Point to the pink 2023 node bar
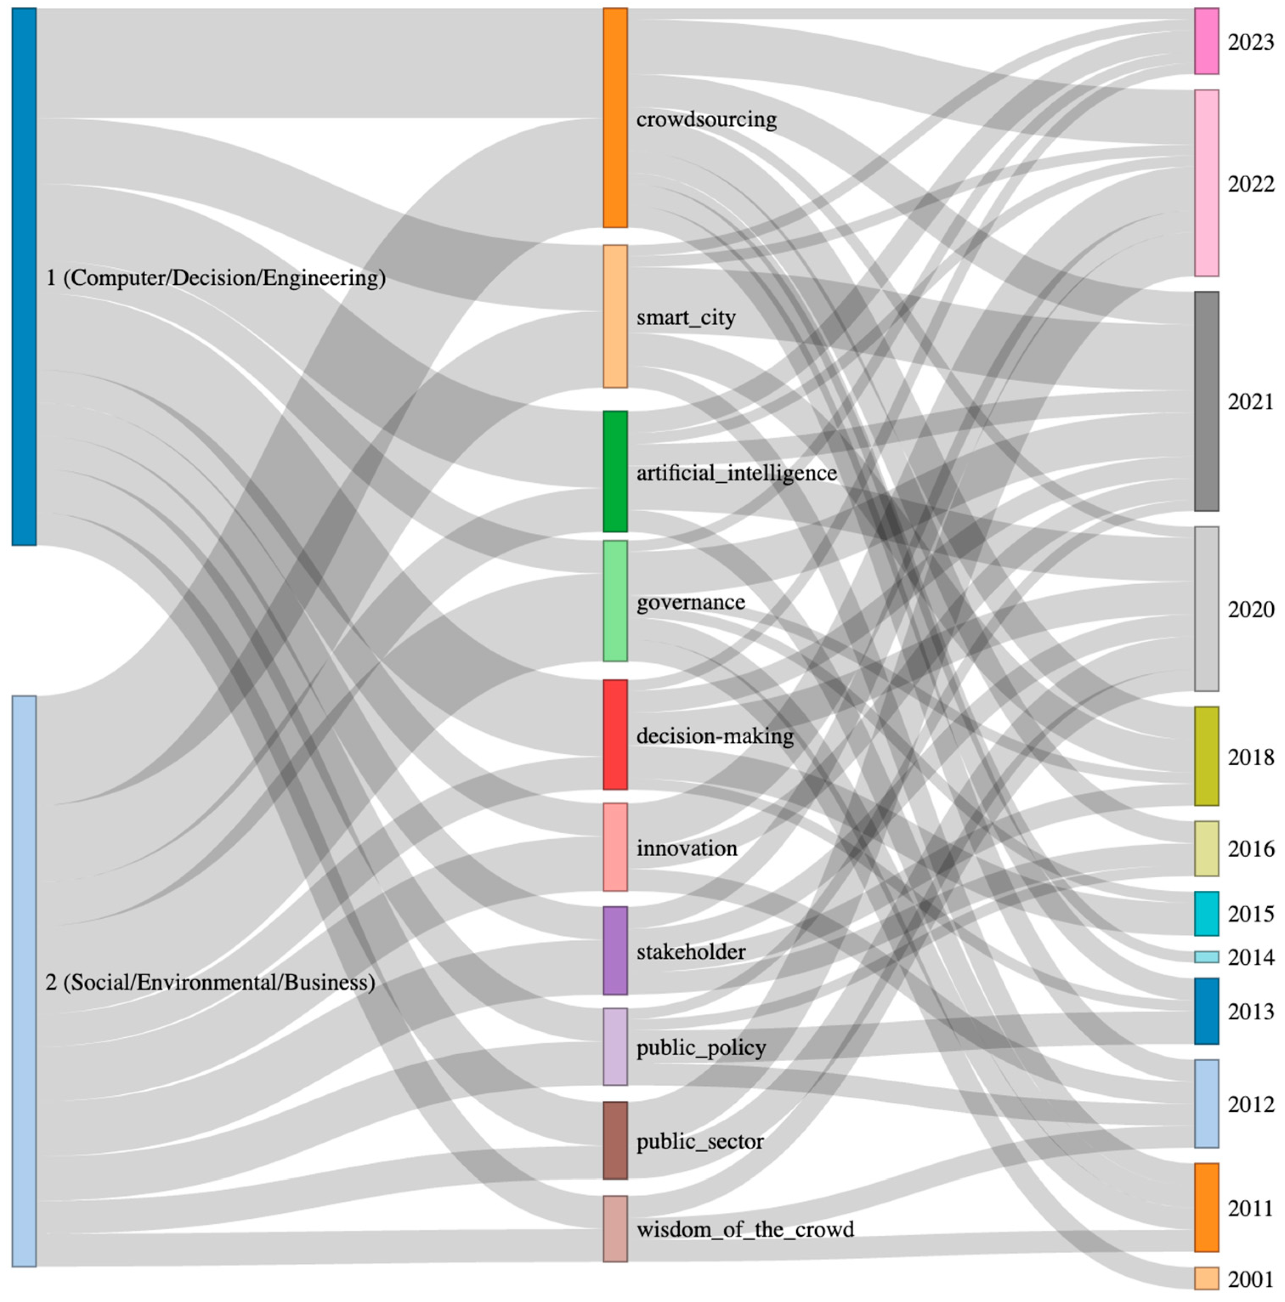pos(1206,41)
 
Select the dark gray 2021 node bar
pos(1206,401)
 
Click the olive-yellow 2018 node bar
pos(1206,756)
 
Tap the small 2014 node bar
pos(1206,957)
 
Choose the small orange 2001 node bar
pos(1206,1278)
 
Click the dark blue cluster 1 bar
pos(24,276)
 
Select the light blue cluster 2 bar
pos(24,981)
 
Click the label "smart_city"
pos(685,317)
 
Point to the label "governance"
pos(690,602)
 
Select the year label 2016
pos(1251,849)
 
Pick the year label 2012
pos(1251,1104)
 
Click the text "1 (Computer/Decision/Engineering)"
pos(215,277)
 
